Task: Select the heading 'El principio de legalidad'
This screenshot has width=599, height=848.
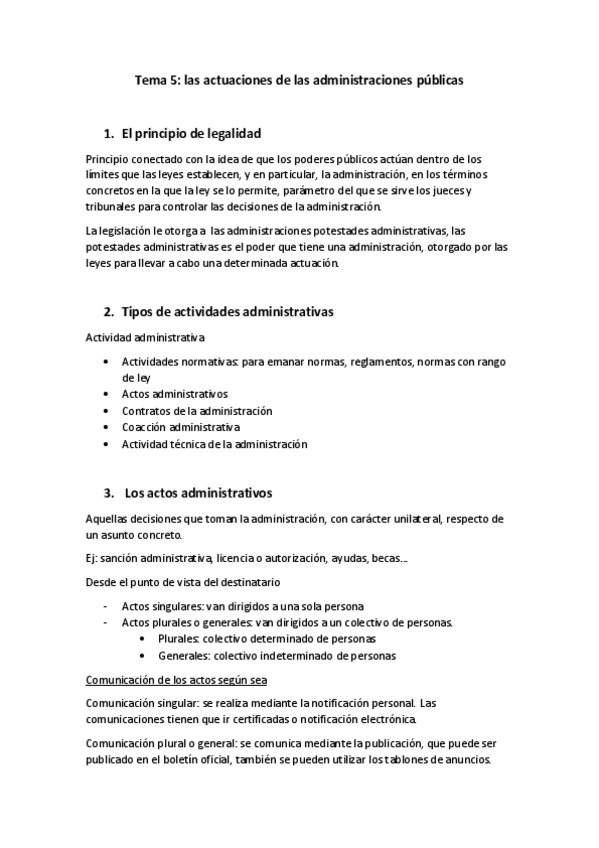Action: [192, 133]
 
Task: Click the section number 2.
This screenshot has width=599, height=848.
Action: [108, 312]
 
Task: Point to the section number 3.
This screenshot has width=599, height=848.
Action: [108, 492]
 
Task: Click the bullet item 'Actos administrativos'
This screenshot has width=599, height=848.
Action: [174, 393]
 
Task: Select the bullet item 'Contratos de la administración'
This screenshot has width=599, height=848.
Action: [197, 410]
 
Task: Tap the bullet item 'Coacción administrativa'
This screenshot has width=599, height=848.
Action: [181, 427]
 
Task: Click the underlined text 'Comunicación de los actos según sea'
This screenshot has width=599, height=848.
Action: [176, 680]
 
